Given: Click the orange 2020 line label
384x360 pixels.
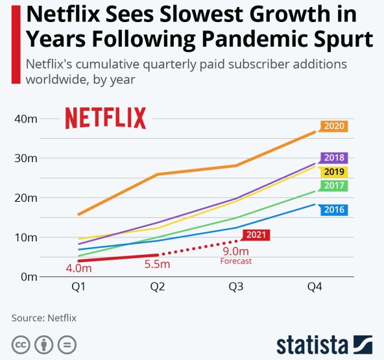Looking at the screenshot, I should (334, 126).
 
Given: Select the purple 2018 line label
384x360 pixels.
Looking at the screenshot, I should (334, 158).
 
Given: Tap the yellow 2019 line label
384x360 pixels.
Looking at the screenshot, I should (334, 172).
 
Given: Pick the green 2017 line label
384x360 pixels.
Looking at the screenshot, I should (334, 186).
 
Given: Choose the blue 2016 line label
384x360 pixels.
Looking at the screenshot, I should (334, 210).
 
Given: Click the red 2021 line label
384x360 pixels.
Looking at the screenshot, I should (256, 235).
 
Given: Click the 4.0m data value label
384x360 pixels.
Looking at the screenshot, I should (78, 267).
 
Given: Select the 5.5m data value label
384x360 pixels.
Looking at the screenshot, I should (157, 264).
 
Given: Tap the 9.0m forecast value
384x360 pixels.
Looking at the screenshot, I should (235, 252).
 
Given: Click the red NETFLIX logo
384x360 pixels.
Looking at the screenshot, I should (105, 119).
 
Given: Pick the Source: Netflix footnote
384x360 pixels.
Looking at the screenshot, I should (44, 318).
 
